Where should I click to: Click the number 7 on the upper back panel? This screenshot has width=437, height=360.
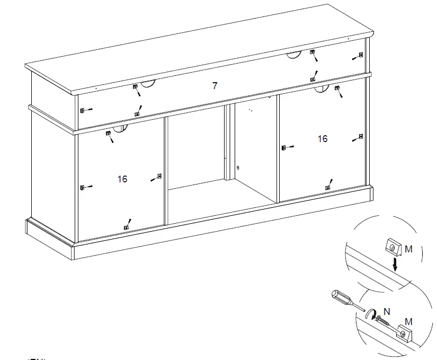215,85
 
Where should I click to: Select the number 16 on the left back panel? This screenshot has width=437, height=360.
122,179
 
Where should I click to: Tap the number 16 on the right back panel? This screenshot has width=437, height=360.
323,139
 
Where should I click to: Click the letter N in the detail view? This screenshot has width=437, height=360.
387,312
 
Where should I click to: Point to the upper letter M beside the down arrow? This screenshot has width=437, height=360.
408,249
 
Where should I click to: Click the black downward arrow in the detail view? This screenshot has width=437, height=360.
395,264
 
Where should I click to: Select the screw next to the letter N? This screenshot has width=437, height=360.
382,321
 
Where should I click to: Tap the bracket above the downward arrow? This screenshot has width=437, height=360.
391,247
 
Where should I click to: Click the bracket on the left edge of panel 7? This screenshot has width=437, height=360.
82,110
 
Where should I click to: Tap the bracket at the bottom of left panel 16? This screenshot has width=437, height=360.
126,227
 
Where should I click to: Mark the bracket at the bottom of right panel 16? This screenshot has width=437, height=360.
327,187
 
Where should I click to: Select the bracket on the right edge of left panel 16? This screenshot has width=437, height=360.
159,176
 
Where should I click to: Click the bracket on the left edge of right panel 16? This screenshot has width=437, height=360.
284,147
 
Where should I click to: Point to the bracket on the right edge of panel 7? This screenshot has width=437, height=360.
361,55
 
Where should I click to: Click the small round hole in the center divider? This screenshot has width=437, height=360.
238,168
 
